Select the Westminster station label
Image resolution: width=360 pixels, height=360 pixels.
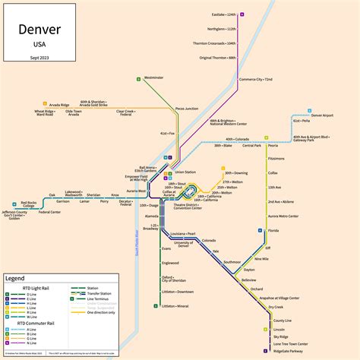point(153,77)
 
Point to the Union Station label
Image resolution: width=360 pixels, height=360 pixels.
point(185,172)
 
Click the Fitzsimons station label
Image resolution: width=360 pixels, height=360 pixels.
point(276,159)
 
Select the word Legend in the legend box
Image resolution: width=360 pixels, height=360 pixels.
point(15,279)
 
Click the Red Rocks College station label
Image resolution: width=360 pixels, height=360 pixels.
point(28,204)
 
